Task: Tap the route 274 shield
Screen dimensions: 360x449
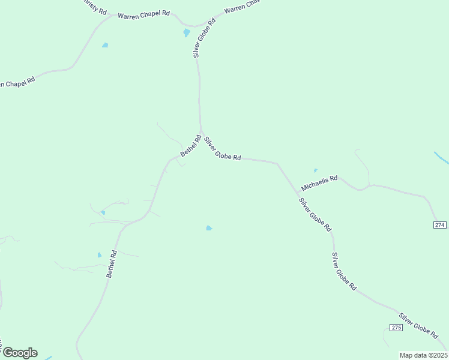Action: coord(439,224)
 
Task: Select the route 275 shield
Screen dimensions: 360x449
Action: coord(396,327)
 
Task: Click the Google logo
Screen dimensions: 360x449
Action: coord(19,353)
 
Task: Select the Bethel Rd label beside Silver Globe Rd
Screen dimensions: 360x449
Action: coord(190,145)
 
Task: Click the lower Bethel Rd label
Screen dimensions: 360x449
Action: coord(111,263)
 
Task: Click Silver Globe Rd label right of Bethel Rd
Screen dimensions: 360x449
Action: coord(222,149)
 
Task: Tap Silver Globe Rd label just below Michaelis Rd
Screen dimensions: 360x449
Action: coord(315,215)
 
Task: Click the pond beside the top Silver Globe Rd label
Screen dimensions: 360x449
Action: coord(187,33)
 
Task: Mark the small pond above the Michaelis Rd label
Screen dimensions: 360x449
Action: coord(315,170)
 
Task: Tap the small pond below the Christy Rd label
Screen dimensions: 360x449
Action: coord(105,45)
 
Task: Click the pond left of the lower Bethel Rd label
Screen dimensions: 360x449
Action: coord(100,255)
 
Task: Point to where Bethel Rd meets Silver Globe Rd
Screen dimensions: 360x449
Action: coord(202,132)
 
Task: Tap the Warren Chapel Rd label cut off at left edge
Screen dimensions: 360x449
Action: coord(17,82)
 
